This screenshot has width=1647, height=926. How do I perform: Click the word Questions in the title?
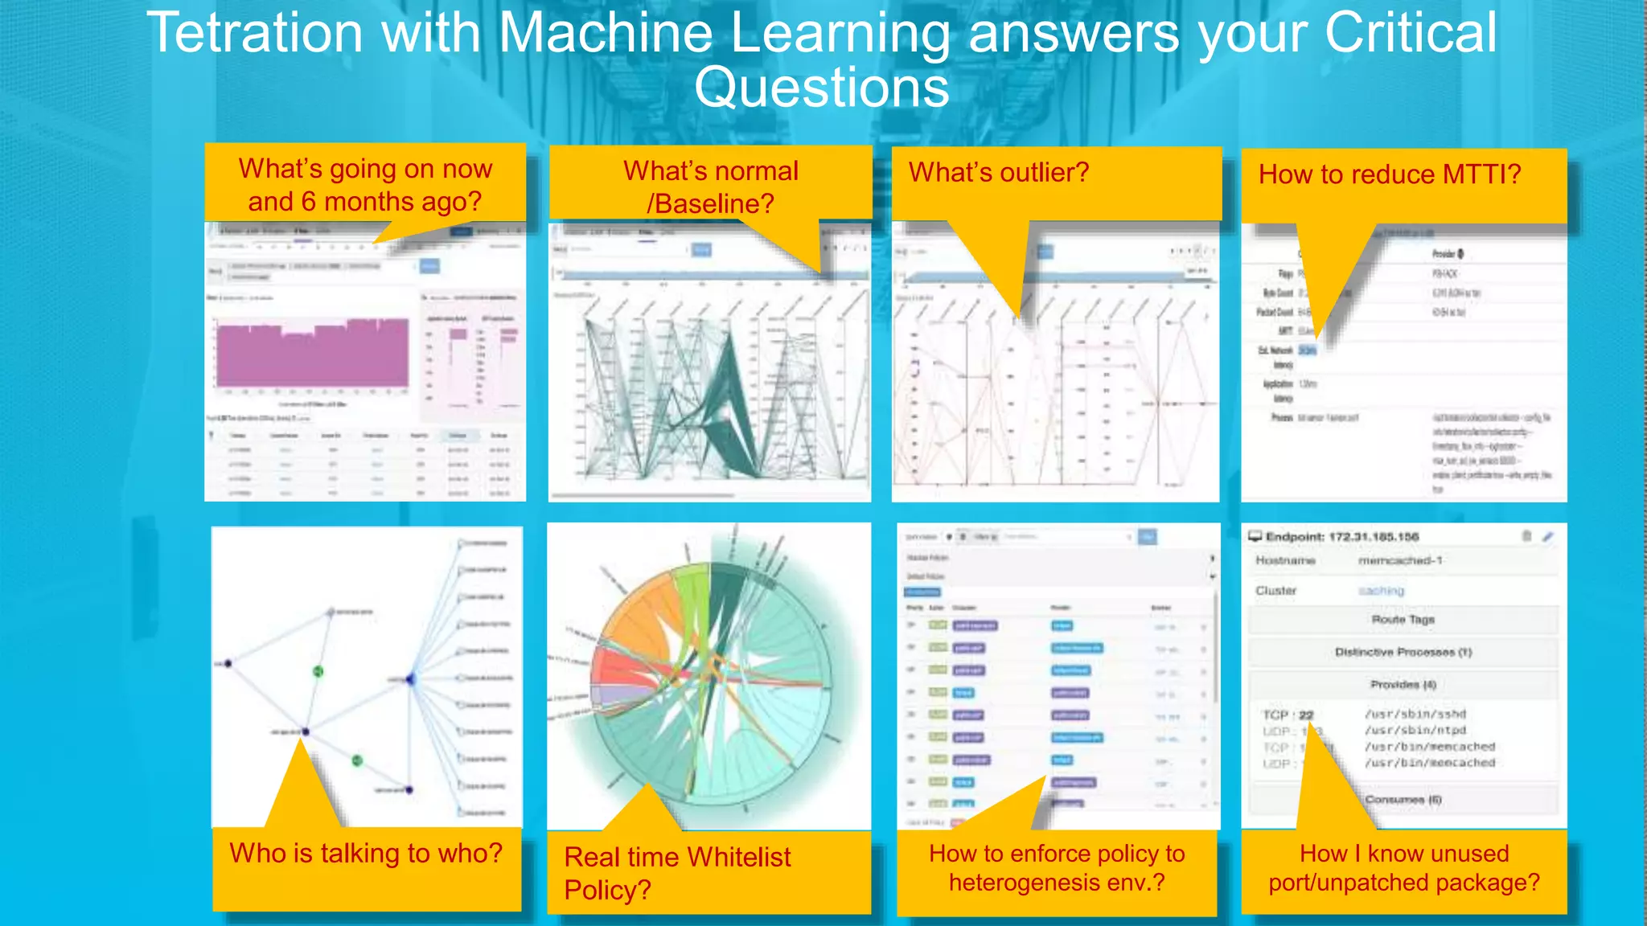click(x=821, y=88)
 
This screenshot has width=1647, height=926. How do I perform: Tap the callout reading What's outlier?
click(x=998, y=173)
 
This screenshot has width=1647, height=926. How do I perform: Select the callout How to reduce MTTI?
click(x=1389, y=174)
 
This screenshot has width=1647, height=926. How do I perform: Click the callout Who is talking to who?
click(x=366, y=854)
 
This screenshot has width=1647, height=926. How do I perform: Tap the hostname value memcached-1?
click(x=1400, y=560)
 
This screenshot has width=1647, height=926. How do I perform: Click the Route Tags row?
click(x=1403, y=620)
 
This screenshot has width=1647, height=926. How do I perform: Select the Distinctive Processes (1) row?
click(x=1403, y=652)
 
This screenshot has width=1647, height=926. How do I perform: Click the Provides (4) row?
click(x=1403, y=685)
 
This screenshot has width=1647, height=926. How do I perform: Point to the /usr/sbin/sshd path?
click(x=1415, y=714)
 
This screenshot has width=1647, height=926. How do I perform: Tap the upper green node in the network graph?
click(x=318, y=671)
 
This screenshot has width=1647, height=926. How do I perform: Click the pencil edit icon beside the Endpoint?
click(x=1548, y=536)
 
